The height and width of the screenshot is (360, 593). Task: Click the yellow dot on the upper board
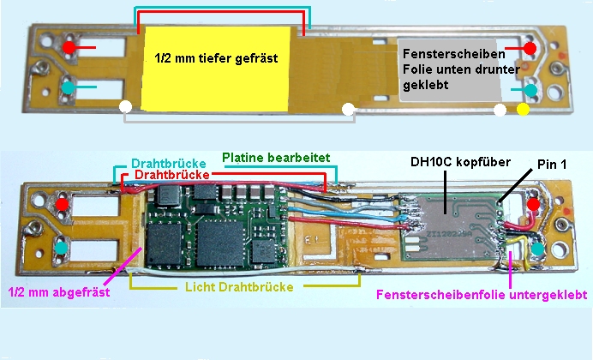523,110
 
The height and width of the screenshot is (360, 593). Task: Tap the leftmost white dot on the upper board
127,107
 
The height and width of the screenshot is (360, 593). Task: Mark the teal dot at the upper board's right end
531,89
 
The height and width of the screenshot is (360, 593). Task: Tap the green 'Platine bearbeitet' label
273,158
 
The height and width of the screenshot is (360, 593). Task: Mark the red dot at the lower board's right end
532,206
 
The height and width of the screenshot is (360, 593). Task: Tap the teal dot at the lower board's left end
63,248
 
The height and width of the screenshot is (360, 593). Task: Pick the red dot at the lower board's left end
63,206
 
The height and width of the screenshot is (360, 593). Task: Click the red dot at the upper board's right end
531,47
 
